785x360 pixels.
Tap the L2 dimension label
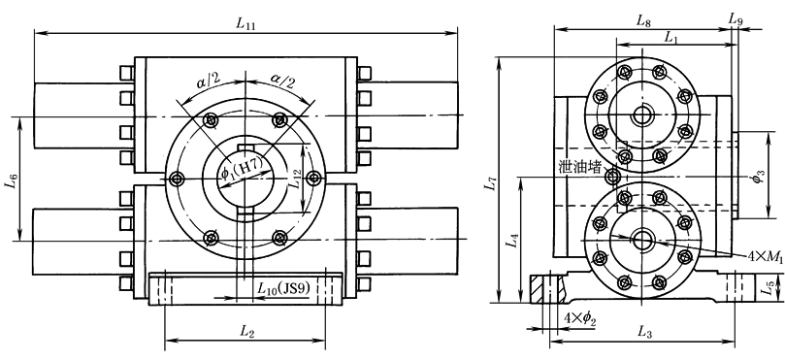(x=245, y=331)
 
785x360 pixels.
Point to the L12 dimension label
(x=297, y=178)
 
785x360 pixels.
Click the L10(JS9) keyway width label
(x=284, y=289)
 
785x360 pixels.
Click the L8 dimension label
(x=642, y=20)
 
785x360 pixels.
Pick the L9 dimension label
(x=736, y=19)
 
